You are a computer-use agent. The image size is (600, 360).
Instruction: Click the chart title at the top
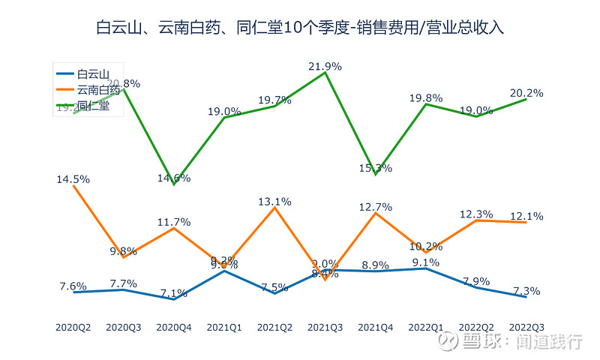click(x=300, y=28)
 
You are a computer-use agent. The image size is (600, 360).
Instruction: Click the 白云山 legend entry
click(x=94, y=73)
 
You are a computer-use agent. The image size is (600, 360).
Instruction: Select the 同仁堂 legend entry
click(x=94, y=106)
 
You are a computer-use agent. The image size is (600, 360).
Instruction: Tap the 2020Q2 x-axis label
click(x=73, y=327)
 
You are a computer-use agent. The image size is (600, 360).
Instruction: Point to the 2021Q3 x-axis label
click(x=325, y=327)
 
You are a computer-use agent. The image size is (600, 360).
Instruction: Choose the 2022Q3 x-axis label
click(x=526, y=327)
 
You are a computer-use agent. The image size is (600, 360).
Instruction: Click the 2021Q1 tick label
click(x=224, y=327)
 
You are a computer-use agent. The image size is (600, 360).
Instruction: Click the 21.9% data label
click(x=325, y=66)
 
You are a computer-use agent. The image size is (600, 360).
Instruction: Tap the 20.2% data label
click(x=526, y=93)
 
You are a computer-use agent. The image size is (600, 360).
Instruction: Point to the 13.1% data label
click(x=274, y=201)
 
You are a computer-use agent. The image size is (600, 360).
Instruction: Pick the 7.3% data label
click(x=526, y=291)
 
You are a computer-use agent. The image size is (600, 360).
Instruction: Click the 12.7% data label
click(x=376, y=206)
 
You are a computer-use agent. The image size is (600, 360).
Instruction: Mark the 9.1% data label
click(x=426, y=262)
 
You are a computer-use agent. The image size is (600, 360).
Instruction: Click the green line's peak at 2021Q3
click(x=325, y=73)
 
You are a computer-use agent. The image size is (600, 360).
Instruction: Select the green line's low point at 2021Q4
click(x=376, y=175)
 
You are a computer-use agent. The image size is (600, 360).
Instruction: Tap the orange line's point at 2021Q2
click(x=274, y=208)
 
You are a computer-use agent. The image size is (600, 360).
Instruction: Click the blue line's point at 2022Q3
click(x=526, y=297)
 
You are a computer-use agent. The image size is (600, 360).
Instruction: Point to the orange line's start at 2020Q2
click(x=73, y=185)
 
